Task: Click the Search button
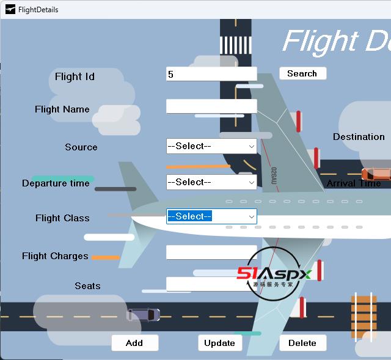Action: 302,73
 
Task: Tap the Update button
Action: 220,343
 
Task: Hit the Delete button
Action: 302,343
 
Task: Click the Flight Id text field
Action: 211,74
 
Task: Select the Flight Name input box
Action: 211,106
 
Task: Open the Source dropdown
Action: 211,146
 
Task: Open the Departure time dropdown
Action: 211,182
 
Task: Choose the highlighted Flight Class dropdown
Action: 211,216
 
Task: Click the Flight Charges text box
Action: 211,252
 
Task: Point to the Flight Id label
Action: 75,76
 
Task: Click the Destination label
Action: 359,137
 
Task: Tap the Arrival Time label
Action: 354,183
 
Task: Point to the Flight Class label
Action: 62,218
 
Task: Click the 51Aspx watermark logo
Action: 274,274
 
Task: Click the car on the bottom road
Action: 143,315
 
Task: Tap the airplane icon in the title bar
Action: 10,9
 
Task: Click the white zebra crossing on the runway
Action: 235,45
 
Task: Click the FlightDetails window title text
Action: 38,9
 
